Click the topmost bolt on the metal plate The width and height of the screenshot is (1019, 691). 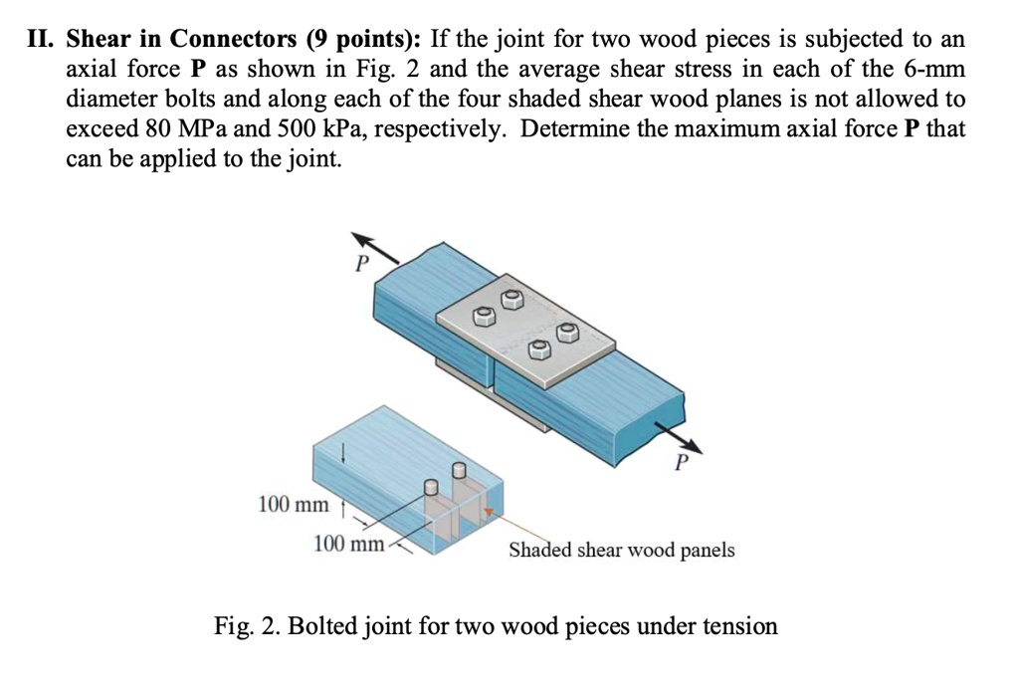(x=511, y=297)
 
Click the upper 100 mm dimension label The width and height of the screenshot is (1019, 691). (x=293, y=504)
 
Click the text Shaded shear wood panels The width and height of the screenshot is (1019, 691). (x=622, y=550)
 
